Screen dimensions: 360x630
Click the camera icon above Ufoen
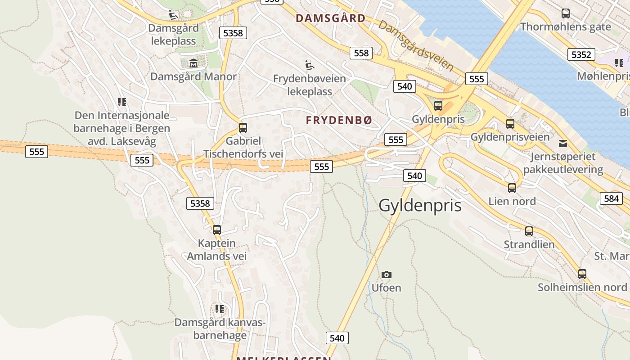pyautogui.click(x=386, y=274)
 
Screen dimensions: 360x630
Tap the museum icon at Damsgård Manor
pyautogui.click(x=193, y=63)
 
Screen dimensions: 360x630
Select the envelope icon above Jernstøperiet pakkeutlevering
pyautogui.click(x=562, y=144)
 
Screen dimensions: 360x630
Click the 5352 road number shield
pyautogui.click(x=581, y=54)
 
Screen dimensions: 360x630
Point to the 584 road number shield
pyautogui.click(x=611, y=198)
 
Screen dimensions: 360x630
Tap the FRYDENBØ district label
pyautogui.click(x=339, y=120)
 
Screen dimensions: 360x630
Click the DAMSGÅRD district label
pyautogui.click(x=330, y=18)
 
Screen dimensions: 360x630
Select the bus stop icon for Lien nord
pyautogui.click(x=512, y=188)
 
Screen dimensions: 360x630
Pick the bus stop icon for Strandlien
pyautogui.click(x=529, y=231)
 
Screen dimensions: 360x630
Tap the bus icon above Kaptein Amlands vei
pyautogui.click(x=217, y=230)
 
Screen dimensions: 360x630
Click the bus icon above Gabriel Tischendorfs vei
pyautogui.click(x=243, y=127)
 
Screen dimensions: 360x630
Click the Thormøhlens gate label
pyautogui.click(x=566, y=27)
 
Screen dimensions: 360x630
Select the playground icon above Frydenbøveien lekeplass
pyautogui.click(x=309, y=66)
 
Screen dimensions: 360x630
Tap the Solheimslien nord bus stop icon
pyautogui.click(x=582, y=274)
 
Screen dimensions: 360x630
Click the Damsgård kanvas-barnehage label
pyautogui.click(x=220, y=328)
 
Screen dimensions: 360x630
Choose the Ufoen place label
pyautogui.click(x=386, y=288)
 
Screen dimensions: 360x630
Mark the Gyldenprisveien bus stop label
pyautogui.click(x=510, y=137)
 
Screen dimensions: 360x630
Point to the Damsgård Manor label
pyautogui.click(x=193, y=76)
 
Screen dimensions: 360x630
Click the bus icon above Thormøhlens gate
pyautogui.click(x=566, y=13)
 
